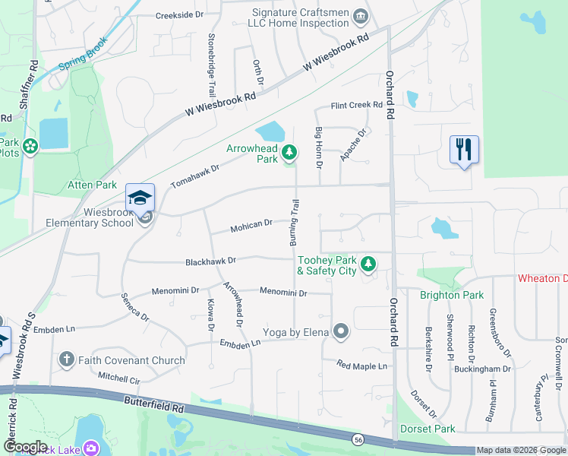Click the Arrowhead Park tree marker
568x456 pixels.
(289, 154)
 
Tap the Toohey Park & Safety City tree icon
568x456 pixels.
(368, 264)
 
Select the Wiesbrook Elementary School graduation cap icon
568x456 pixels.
(140, 198)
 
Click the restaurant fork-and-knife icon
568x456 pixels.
(463, 148)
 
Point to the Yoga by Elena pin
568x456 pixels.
(341, 331)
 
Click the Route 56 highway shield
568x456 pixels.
(357, 439)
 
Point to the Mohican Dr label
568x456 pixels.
(251, 225)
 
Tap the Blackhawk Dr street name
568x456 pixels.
(210, 261)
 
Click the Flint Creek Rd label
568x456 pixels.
(356, 106)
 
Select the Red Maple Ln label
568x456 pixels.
(362, 366)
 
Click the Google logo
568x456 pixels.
(24, 446)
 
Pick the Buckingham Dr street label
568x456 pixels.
(484, 369)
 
